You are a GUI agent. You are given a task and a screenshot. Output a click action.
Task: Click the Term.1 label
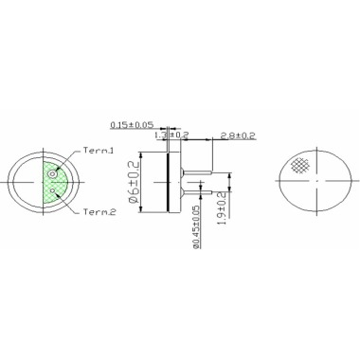coord(99,151)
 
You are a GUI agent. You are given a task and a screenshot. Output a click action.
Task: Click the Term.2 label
coord(99,212)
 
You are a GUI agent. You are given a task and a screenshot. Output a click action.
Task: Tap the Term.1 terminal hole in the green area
coord(52,173)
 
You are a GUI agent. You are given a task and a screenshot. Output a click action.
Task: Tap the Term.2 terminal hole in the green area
coord(53,190)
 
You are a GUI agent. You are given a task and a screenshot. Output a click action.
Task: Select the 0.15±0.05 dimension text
coord(132,125)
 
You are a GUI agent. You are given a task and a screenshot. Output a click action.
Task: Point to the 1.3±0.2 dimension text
coord(171,135)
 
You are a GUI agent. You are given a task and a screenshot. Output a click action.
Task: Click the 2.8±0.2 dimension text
coord(238,135)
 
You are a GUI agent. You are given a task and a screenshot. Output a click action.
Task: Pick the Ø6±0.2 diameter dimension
coord(135,182)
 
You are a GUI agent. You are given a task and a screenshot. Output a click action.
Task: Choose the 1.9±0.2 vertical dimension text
coord(222,207)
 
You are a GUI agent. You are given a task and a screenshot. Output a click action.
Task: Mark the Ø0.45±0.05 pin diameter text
coord(197,226)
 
